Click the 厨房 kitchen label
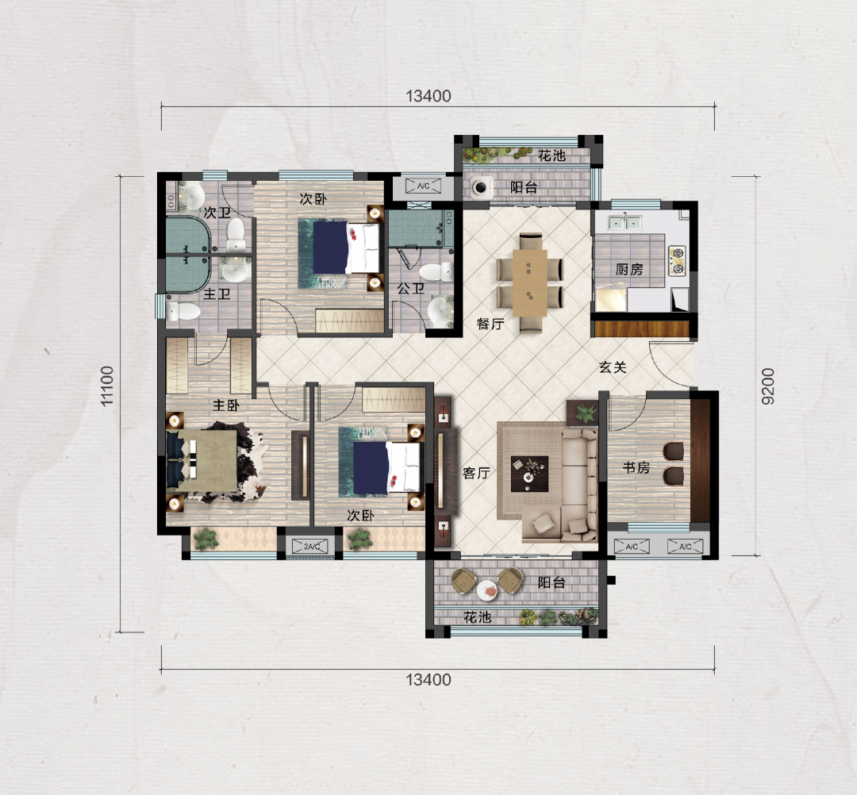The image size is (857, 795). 629,270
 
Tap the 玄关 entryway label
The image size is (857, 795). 612,367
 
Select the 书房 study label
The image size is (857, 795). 636,467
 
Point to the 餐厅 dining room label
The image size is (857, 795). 490,324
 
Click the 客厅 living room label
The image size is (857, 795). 476,473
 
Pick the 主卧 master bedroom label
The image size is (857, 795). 225,405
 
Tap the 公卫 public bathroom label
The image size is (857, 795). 410,288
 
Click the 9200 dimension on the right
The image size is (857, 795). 768,386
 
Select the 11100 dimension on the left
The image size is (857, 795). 106,386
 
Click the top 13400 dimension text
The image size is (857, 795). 428,96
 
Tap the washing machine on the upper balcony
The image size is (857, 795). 481,187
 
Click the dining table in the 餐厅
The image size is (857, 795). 529,282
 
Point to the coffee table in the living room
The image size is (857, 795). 529,474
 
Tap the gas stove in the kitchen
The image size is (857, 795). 677,260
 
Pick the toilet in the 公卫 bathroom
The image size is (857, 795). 436,271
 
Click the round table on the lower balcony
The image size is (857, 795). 486,590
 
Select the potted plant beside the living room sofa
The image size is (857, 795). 586,412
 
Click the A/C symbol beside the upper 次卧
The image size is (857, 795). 423,186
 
